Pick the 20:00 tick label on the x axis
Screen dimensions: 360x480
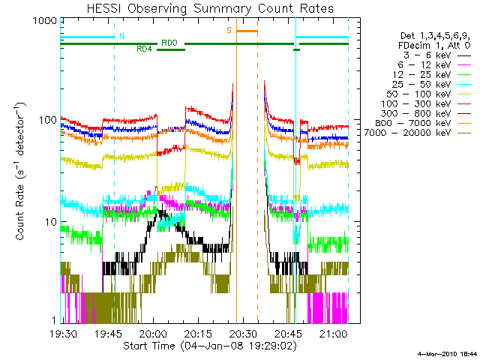pyautogui.click(x=154, y=334)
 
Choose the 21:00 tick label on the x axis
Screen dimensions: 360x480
pyautogui.click(x=333, y=334)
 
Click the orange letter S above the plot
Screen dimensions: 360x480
pyautogui.click(x=229, y=31)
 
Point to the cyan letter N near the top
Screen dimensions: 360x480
pyautogui.click(x=122, y=36)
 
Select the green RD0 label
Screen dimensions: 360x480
pyautogui.click(x=169, y=43)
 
